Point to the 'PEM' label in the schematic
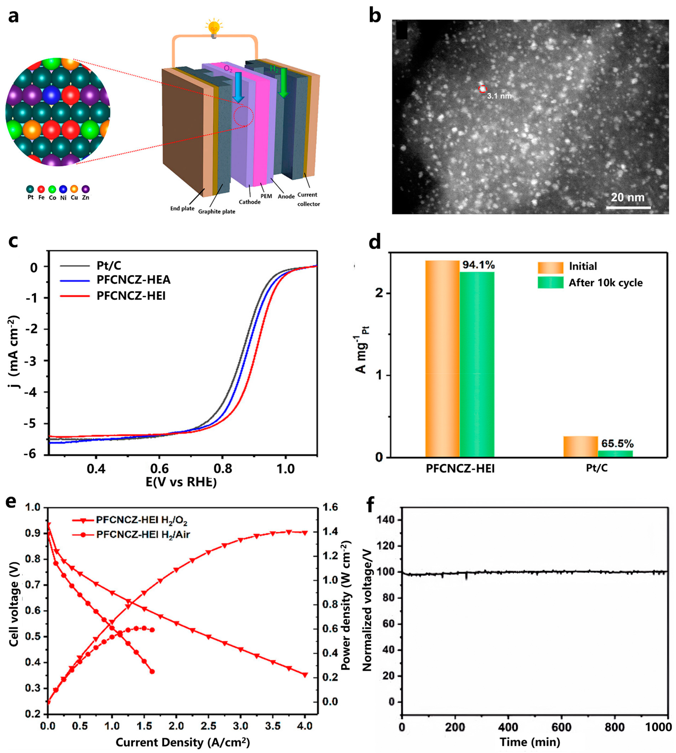pyautogui.click(x=266, y=196)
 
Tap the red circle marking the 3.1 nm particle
pyautogui.click(x=482, y=89)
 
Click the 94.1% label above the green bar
pyautogui.click(x=478, y=265)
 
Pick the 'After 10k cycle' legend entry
pyautogui.click(x=605, y=283)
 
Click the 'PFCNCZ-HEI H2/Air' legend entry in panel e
pyautogui.click(x=143, y=535)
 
